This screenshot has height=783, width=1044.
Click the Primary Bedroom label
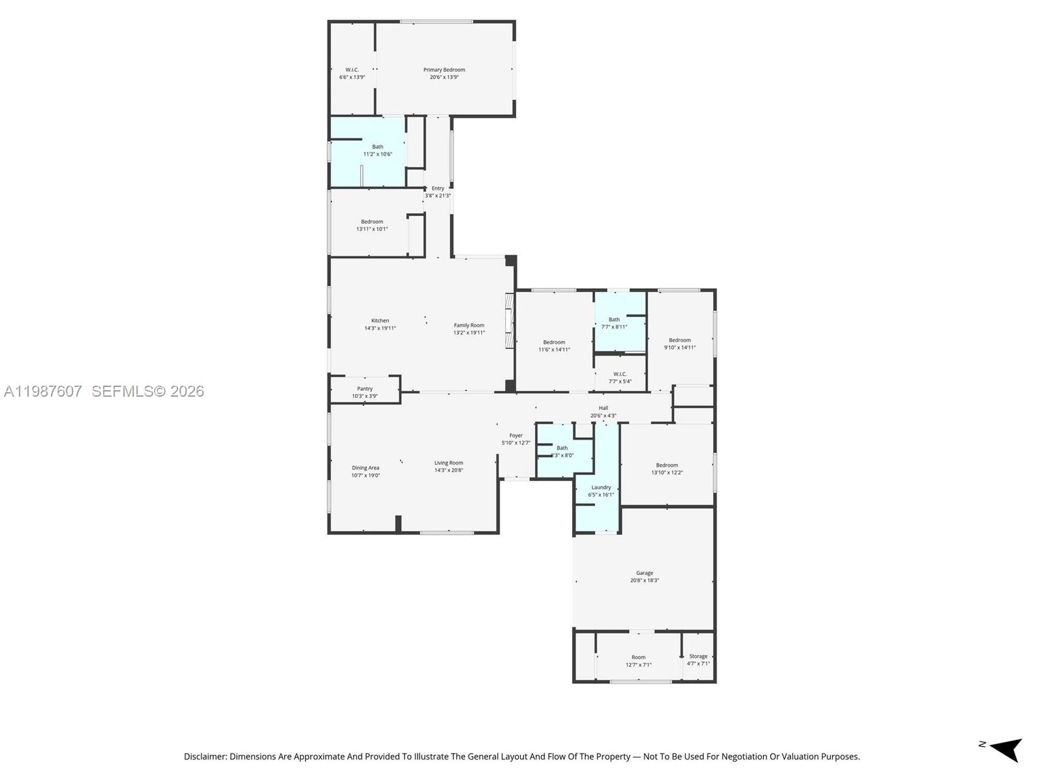(444, 73)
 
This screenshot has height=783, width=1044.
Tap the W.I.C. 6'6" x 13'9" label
(352, 73)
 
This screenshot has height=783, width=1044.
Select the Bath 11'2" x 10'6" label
(377, 151)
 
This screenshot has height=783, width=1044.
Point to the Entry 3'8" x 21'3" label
(437, 192)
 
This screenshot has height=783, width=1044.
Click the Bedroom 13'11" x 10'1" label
(372, 225)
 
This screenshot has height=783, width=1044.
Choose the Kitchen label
(380, 324)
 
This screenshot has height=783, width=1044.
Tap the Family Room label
(469, 329)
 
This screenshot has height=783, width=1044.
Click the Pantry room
(365, 392)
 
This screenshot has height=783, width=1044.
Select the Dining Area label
(365, 471)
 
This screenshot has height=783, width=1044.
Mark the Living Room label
(449, 467)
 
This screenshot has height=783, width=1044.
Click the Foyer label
(515, 439)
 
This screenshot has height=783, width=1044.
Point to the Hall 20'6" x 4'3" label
(603, 412)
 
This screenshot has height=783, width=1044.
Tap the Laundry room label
(601, 491)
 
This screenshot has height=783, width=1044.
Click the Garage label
(645, 576)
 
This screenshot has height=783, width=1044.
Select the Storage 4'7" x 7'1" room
(698, 660)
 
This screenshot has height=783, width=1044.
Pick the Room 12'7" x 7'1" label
(638, 661)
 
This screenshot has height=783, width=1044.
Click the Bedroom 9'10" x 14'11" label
(680, 344)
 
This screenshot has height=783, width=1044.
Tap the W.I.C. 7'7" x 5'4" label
(620, 378)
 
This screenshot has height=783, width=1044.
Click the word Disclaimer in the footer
(205, 757)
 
